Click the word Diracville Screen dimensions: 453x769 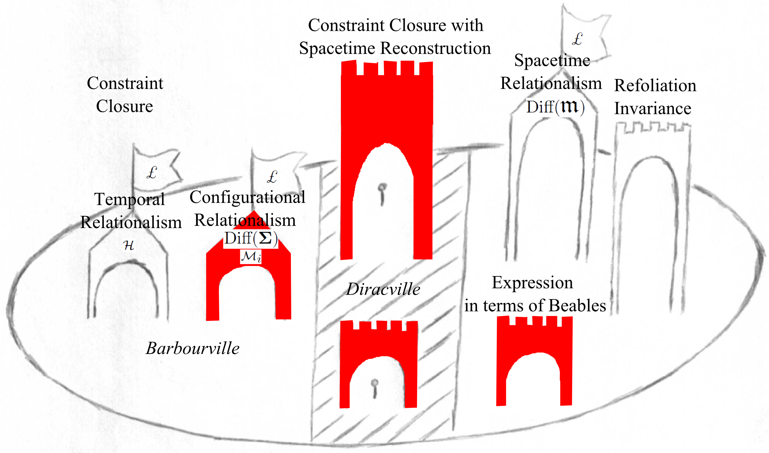click(x=383, y=289)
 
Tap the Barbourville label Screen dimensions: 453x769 click(x=192, y=348)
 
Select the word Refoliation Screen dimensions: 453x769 click(x=655, y=85)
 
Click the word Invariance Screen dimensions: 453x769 click(x=652, y=108)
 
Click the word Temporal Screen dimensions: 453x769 click(x=130, y=199)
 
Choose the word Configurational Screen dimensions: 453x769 click(x=247, y=197)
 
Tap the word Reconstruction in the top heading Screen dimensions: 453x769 click(x=435, y=48)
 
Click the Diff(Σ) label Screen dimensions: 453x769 click(x=251, y=238)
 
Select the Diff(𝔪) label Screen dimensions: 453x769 click(x=555, y=107)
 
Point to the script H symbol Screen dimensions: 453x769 click(x=129, y=245)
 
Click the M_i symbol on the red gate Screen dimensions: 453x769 click(x=251, y=257)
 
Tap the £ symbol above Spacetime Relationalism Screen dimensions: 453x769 click(x=577, y=39)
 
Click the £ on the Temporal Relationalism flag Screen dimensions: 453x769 click(x=152, y=173)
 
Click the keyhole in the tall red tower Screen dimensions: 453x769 click(x=382, y=193)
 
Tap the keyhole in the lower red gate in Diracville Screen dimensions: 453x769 click(x=375, y=387)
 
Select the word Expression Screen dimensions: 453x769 click(x=532, y=283)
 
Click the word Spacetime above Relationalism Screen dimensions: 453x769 click(x=552, y=60)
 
